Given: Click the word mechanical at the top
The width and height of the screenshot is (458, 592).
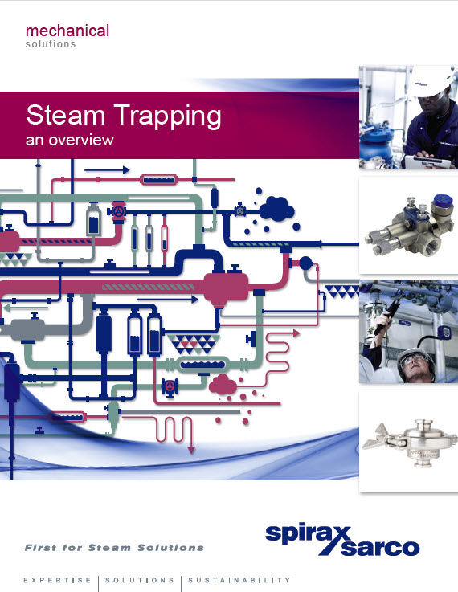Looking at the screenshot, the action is pyautogui.click(x=67, y=31).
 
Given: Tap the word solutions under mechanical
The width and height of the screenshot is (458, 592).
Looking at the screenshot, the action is pyautogui.click(x=51, y=44).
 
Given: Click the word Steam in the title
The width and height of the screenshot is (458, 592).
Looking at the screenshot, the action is pyautogui.click(x=65, y=115).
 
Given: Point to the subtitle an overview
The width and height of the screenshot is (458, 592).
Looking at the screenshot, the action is pyautogui.click(x=69, y=140).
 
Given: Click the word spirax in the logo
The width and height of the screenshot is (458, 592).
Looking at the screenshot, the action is pyautogui.click(x=308, y=534).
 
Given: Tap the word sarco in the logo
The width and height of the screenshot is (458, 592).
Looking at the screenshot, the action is pyautogui.click(x=380, y=547).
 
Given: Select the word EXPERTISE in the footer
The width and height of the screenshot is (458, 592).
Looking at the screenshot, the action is pyautogui.click(x=57, y=580).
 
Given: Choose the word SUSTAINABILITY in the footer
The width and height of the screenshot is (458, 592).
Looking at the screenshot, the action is pyautogui.click(x=239, y=580).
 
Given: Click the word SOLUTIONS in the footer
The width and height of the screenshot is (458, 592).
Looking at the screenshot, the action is pyautogui.click(x=140, y=580).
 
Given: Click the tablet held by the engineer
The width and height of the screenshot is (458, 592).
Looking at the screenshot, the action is pyautogui.click(x=427, y=162).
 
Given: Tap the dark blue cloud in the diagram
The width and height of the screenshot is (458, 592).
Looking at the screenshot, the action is pyautogui.click(x=276, y=209).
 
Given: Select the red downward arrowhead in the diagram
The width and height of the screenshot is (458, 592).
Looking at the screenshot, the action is pyautogui.click(x=191, y=450).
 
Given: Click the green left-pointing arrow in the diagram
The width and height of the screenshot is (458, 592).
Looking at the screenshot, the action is pyautogui.click(x=25, y=308).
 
